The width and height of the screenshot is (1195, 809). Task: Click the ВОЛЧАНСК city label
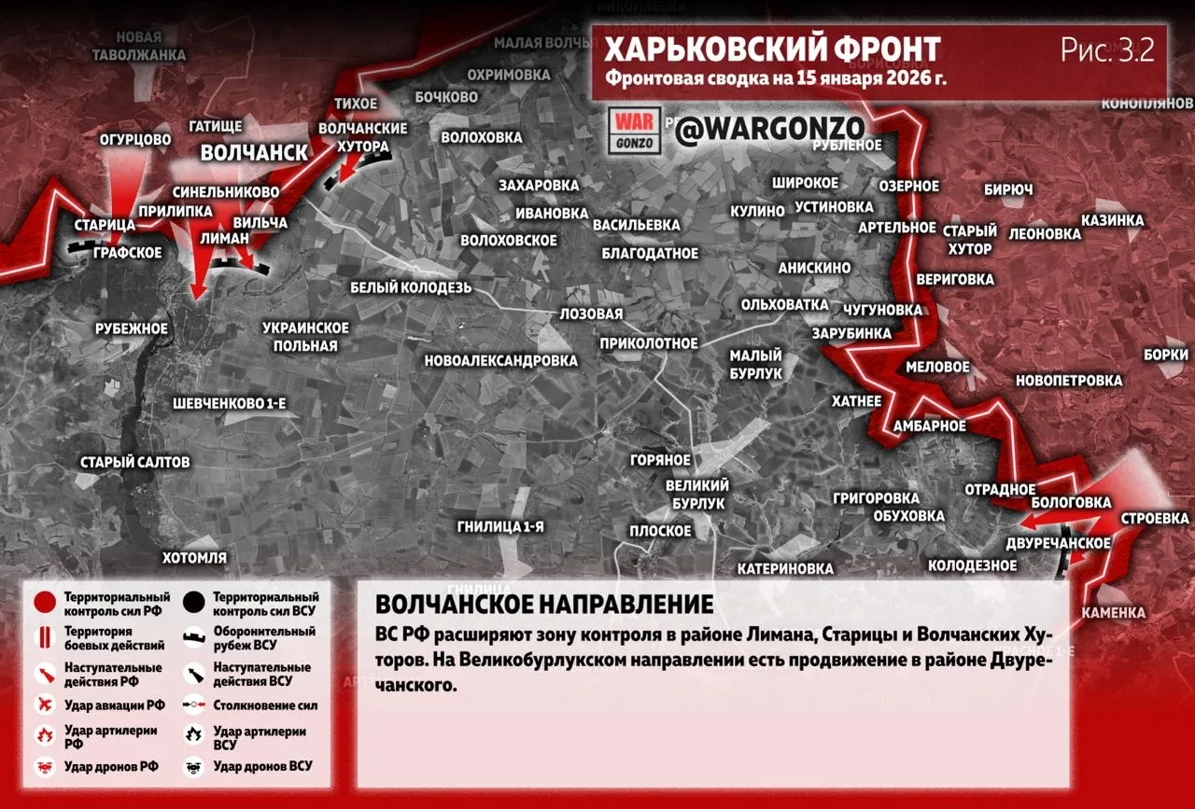(x=254, y=152)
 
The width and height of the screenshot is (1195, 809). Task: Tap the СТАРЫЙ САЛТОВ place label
(x=135, y=462)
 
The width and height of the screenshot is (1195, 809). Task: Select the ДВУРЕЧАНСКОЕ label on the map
(x=1059, y=543)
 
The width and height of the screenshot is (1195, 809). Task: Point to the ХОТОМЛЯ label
(x=194, y=558)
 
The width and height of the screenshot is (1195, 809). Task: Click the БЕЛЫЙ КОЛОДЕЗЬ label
(x=411, y=287)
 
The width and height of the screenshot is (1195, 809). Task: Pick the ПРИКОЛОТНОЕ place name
(x=649, y=343)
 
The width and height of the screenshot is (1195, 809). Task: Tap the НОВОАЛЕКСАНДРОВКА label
(x=500, y=360)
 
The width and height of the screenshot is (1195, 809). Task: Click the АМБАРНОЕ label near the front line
(x=930, y=425)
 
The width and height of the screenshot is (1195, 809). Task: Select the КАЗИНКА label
(x=1112, y=220)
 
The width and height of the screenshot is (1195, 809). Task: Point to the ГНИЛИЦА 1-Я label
(x=500, y=526)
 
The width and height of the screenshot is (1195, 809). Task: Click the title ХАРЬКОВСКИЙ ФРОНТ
(x=772, y=49)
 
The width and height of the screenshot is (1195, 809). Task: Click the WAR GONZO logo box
(x=635, y=131)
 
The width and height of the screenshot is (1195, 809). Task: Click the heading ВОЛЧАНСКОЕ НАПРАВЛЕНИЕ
(x=544, y=604)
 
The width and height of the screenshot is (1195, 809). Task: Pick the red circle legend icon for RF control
(x=43, y=603)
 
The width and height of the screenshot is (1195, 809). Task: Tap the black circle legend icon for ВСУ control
(x=194, y=603)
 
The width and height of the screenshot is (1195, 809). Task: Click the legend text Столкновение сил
(x=265, y=705)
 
